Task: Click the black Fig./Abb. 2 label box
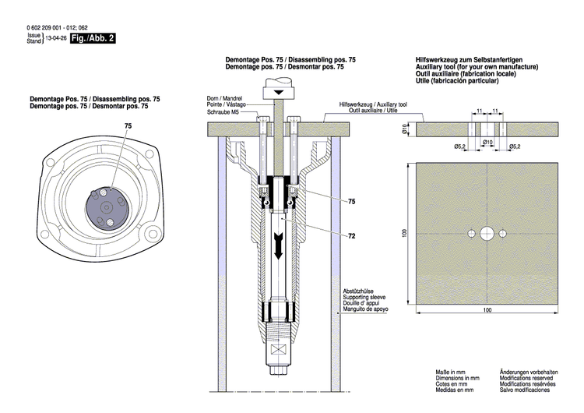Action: click(93, 37)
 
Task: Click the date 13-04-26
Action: click(56, 37)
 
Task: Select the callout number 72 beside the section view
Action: click(352, 235)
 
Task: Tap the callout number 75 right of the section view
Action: click(352, 201)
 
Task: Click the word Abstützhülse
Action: click(359, 291)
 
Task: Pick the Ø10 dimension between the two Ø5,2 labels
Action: click(488, 142)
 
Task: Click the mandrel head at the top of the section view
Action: click(278, 92)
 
